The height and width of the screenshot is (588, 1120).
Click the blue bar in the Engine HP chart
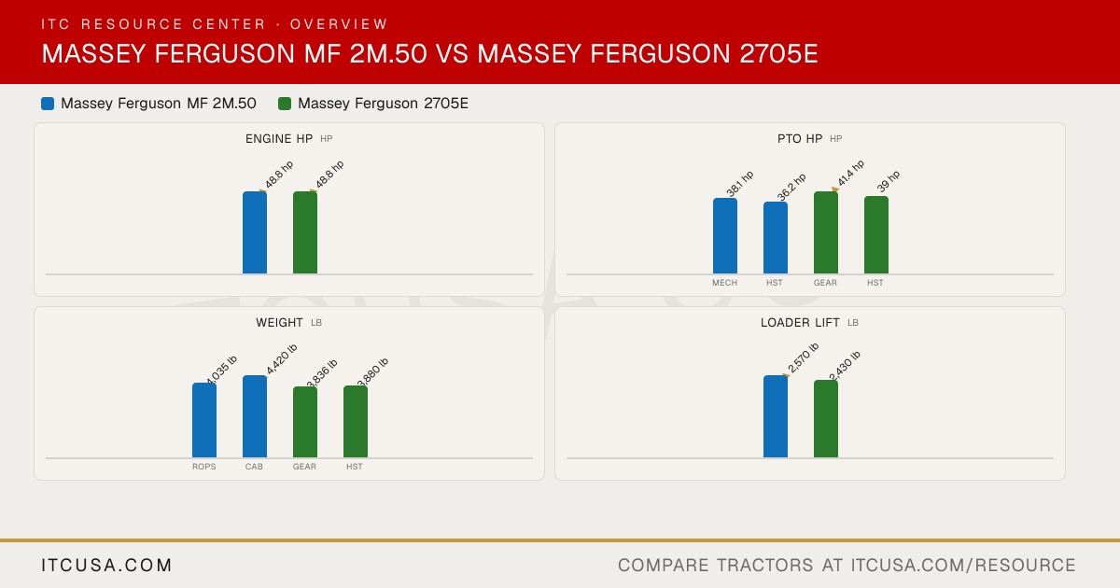(255, 232)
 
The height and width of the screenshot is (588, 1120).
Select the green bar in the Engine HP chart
(305, 232)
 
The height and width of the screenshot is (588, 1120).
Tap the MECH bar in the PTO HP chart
(725, 236)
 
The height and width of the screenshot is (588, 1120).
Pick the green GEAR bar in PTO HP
(826, 232)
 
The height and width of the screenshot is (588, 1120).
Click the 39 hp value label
(889, 181)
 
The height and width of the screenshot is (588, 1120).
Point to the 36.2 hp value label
(791, 187)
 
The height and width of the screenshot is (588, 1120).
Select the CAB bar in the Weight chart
(255, 416)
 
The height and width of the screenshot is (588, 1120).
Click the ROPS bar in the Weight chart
(204, 420)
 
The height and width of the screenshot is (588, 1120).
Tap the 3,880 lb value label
(373, 372)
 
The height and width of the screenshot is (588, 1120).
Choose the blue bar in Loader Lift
(776, 416)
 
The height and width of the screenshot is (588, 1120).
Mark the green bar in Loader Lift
(826, 419)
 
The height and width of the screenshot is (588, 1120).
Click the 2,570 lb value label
(803, 357)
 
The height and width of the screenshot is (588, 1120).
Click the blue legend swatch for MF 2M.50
(48, 104)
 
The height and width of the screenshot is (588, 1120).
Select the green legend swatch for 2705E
(285, 104)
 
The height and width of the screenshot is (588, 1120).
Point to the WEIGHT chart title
(279, 323)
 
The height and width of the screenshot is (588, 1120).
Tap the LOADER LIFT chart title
(800, 323)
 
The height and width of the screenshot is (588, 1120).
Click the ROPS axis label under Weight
(204, 467)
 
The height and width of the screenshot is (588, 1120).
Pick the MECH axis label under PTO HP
(724, 283)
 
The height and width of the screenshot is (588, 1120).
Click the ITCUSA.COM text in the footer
(106, 565)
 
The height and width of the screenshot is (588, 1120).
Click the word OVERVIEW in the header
(339, 24)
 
